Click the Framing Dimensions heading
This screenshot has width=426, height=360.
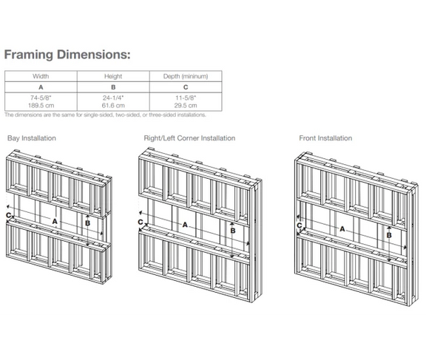pyautogui.click(x=67, y=55)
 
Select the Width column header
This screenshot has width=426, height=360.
pyautogui.click(x=41, y=76)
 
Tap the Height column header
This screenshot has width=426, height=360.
pyautogui.click(x=113, y=76)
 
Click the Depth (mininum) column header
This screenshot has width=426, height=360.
pyautogui.click(x=186, y=76)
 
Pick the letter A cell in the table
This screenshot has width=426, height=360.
pyautogui.click(x=41, y=87)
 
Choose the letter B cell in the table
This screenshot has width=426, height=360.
pyautogui.click(x=113, y=87)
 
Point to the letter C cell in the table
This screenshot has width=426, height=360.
pyautogui.click(x=186, y=87)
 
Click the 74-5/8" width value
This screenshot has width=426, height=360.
pyautogui.click(x=41, y=98)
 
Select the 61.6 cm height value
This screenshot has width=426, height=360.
pyautogui.click(x=113, y=106)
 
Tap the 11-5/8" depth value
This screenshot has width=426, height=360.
pyautogui.click(x=186, y=98)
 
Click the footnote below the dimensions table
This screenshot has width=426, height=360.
pyautogui.click(x=105, y=115)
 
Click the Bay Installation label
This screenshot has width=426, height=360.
pyautogui.click(x=32, y=138)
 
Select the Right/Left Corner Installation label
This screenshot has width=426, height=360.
pyautogui.click(x=189, y=138)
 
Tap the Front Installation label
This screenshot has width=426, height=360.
pyautogui.click(x=325, y=138)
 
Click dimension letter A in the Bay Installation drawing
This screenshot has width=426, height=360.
pyautogui.click(x=55, y=222)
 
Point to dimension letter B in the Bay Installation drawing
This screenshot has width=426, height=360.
pyautogui.click(x=87, y=223)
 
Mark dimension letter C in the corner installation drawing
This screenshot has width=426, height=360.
pyautogui.click(x=141, y=222)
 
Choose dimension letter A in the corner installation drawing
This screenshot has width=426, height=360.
pyautogui.click(x=185, y=225)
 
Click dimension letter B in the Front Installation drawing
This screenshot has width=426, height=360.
pyautogui.click(x=389, y=235)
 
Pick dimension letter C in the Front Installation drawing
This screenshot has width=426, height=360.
pyautogui.click(x=300, y=225)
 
